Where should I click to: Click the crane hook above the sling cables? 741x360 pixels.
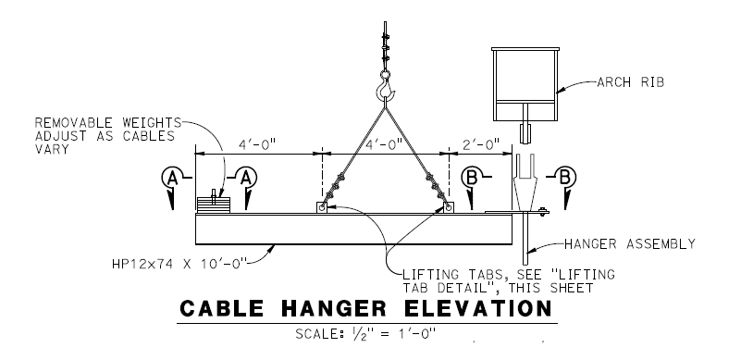click(386, 90)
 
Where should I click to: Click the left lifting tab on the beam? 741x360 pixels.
click(320, 208)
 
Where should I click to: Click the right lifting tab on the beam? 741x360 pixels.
click(448, 208)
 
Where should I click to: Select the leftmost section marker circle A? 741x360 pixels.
click(170, 176)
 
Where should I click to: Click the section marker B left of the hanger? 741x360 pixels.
click(470, 176)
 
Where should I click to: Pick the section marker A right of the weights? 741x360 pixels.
click(248, 176)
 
